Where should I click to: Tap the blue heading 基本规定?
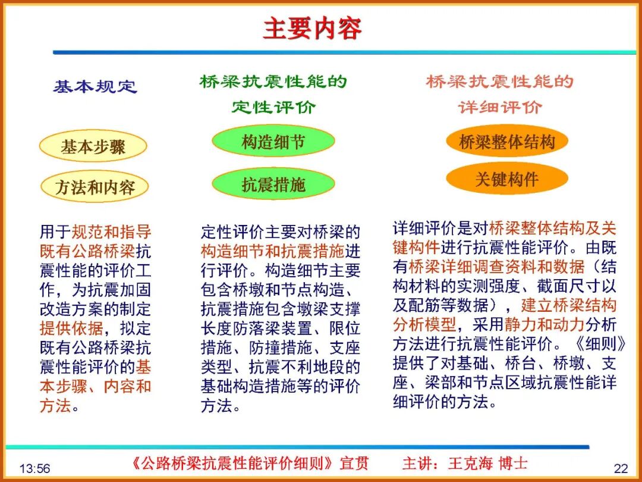(x=95, y=87)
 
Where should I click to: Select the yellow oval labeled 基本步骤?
(x=93, y=147)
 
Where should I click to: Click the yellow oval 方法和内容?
(x=95, y=188)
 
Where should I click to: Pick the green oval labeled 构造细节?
(x=273, y=142)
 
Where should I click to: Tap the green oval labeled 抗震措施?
(x=273, y=184)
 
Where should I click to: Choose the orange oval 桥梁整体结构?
(x=506, y=142)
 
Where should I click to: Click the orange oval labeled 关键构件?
(x=506, y=180)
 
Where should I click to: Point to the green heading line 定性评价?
(x=273, y=108)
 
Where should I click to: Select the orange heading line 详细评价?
(x=500, y=108)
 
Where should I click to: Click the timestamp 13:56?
(x=34, y=469)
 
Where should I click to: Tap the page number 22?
(x=621, y=468)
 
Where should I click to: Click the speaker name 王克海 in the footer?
(x=470, y=463)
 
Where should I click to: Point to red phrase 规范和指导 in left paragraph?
(x=111, y=232)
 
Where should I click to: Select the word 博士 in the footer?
(x=513, y=463)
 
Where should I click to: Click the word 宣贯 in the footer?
(x=354, y=463)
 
